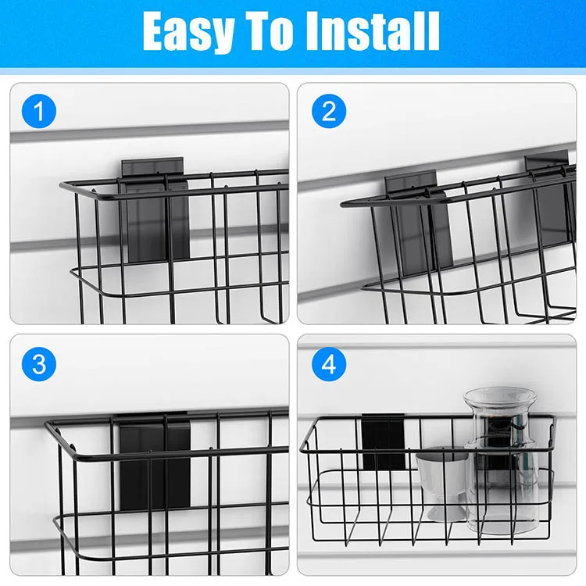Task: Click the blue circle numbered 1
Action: [39, 112]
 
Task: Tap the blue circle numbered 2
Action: [328, 112]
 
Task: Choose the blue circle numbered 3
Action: [39, 363]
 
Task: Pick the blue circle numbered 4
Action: [328, 363]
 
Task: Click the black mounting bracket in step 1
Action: [155, 211]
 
